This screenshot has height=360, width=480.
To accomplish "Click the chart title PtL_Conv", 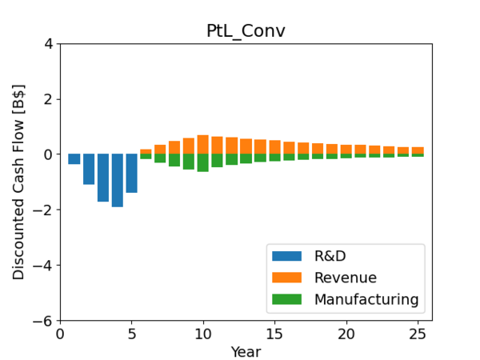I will [246, 31].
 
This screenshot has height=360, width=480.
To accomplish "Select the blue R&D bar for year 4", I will [118, 180].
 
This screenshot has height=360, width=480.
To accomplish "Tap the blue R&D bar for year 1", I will [74, 159].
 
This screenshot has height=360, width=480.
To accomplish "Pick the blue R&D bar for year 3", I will [103, 178].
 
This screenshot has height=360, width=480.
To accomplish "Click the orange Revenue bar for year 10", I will [203, 145].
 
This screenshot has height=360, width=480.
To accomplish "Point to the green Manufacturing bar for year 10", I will [203, 162].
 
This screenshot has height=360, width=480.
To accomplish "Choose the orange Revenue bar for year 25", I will [418, 150].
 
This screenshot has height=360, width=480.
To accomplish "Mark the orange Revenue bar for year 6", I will [146, 151].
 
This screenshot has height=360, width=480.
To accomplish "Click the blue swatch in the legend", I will [286, 256].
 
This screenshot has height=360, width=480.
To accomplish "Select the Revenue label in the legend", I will [346, 278].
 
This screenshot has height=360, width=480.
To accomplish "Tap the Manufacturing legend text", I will [366, 299].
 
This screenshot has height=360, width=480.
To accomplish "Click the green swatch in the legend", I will [286, 299].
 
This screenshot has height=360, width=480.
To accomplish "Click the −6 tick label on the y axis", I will [44, 321].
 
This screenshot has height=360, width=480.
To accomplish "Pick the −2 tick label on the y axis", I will [44, 210].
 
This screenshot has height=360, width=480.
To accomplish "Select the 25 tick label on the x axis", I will [418, 334].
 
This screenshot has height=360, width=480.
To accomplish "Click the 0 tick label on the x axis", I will [60, 334].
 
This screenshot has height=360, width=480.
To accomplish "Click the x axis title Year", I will [246, 351].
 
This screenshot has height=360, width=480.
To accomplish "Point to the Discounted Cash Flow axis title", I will [18, 182].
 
